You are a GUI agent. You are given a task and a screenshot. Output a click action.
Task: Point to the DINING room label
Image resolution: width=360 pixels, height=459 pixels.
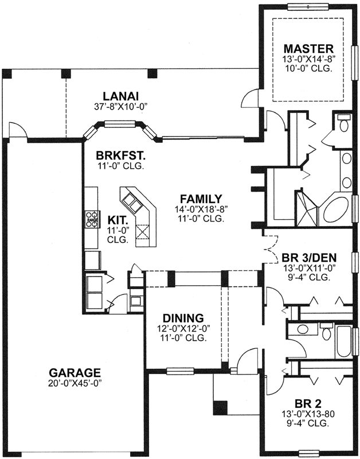tap(182, 317)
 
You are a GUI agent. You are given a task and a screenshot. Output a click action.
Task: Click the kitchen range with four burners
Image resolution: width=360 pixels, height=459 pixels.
tap(91, 220)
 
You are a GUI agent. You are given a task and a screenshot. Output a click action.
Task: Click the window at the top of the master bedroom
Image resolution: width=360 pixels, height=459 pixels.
tap(307, 7)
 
